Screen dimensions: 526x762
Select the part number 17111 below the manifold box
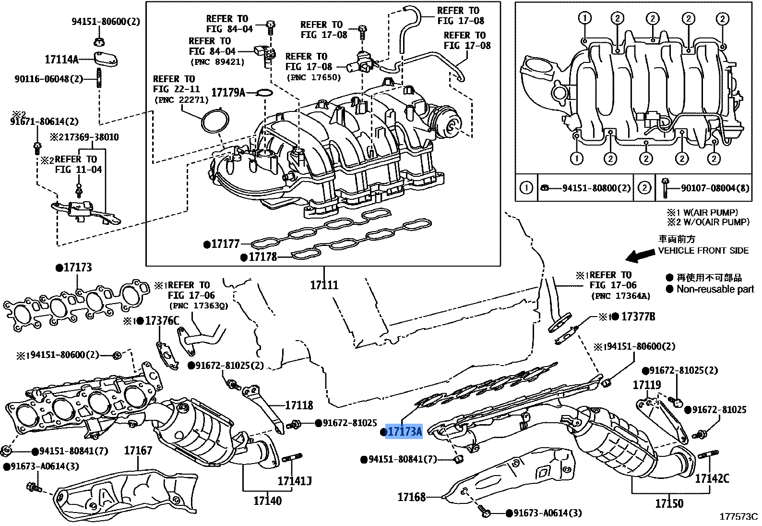coord(324,285)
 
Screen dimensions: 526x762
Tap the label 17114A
coord(61,60)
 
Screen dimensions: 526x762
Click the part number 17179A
coord(228,92)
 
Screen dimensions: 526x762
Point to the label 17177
coord(226,245)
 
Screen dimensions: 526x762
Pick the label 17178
coord(262,257)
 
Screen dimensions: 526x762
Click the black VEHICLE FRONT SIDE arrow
coord(640,257)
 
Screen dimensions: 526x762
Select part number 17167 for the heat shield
coord(138,451)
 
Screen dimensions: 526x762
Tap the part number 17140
coord(267,501)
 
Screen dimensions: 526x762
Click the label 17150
coord(669,503)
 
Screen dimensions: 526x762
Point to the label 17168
coord(411,497)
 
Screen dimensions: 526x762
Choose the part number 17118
coord(299,405)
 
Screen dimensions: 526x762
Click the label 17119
coord(646,385)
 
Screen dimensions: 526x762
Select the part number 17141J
coord(294,480)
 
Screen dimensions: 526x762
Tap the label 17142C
coord(712,478)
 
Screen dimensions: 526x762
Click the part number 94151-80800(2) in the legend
coord(596,188)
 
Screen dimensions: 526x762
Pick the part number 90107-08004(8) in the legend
coord(715,188)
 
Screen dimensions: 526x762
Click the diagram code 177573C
coord(738,517)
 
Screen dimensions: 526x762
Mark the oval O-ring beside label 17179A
coord(262,92)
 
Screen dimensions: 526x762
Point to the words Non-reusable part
coord(715,289)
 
